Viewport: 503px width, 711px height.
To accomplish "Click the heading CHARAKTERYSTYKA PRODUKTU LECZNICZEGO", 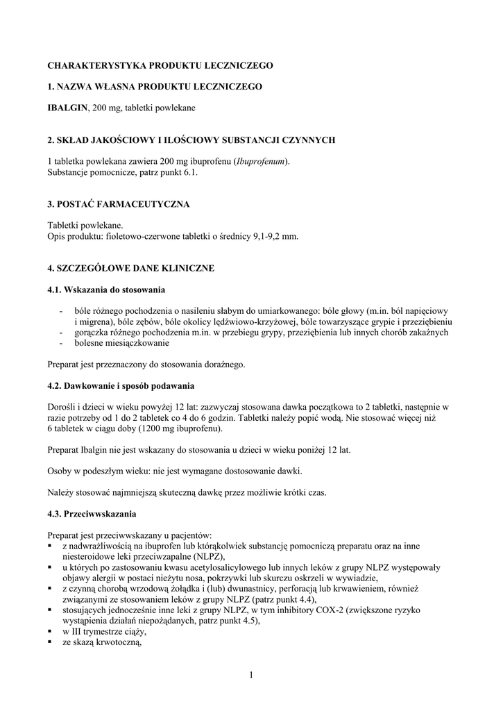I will pos(160,65).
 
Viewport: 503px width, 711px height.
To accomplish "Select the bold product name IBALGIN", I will pos(67,108).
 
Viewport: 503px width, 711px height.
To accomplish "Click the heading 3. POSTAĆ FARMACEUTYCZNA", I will pos(119,204).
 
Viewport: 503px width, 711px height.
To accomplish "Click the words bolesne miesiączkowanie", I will pos(121,343).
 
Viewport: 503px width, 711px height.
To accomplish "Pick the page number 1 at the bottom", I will pos(250,675).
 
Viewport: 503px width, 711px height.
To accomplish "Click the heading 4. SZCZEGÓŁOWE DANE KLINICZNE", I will pos(130,268).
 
